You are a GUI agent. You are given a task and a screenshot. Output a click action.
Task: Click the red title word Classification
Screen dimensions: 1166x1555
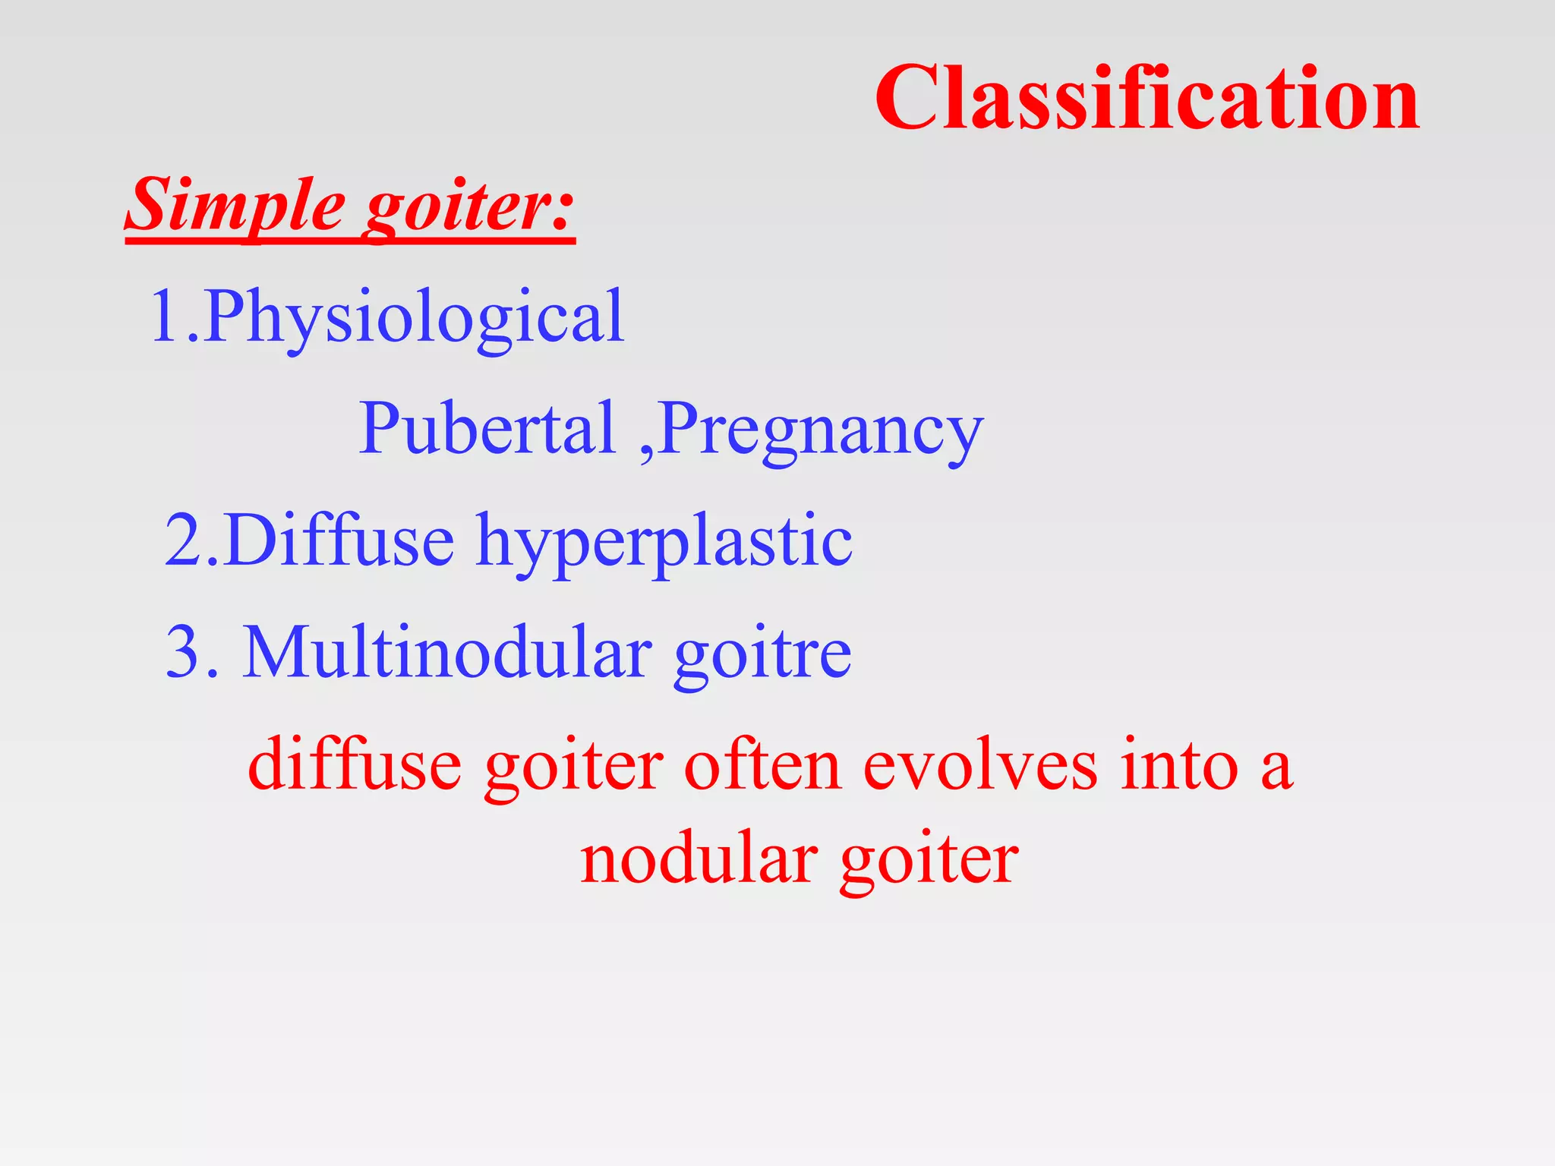pyautogui.click(x=1147, y=99)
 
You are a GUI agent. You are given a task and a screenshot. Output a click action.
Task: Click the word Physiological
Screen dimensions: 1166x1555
pyautogui.click(x=414, y=317)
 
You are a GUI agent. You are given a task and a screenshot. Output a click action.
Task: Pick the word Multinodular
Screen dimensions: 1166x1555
pyautogui.click(x=447, y=652)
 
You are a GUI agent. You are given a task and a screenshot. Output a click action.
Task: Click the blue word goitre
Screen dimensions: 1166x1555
pyautogui.click(x=762, y=654)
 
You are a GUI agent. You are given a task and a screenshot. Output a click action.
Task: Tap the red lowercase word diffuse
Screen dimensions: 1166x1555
pyautogui.click(x=355, y=764)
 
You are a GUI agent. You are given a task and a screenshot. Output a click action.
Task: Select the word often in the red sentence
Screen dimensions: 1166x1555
pyautogui.click(x=762, y=764)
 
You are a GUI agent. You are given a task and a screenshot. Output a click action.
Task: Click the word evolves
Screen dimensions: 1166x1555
pyautogui.click(x=980, y=764)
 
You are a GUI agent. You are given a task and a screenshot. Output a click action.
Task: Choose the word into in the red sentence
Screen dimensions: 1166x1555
pyautogui.click(x=1179, y=764)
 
